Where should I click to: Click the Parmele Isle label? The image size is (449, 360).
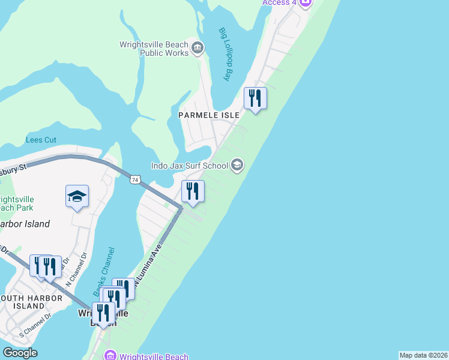tap(209, 115)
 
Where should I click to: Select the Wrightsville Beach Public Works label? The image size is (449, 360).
tap(155, 48)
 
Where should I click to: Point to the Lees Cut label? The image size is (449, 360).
tap(41, 140)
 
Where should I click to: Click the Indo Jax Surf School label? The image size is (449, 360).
tap(188, 165)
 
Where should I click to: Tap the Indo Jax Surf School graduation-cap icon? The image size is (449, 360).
tap(237, 165)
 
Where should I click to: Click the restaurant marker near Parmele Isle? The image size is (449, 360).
tap(255, 98)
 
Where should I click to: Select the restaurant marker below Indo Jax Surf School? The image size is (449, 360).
tap(193, 191)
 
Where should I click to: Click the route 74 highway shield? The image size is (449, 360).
tap(136, 179)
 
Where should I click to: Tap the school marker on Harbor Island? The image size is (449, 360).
tap(77, 196)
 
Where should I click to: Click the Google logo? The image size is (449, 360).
tap(20, 353)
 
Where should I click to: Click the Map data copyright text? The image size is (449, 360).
tap(423, 355)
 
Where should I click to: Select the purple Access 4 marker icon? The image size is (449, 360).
tap(305, 2)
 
